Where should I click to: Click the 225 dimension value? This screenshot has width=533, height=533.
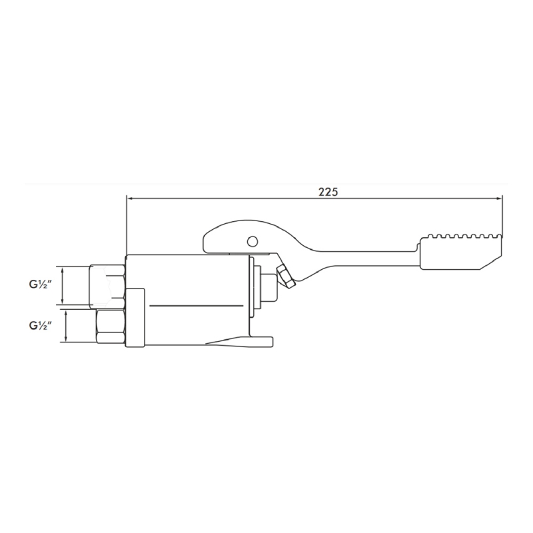(328, 192)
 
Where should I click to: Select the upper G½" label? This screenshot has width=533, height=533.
(41, 284)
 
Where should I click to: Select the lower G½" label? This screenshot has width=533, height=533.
(41, 326)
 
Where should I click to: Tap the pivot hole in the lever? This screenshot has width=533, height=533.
(253, 241)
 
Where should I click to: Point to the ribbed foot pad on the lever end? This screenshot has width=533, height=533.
(462, 252)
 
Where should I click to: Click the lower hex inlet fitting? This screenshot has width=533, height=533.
(111, 326)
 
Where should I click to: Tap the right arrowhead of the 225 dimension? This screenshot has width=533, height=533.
(500, 199)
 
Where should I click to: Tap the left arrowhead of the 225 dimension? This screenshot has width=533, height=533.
(129, 199)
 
